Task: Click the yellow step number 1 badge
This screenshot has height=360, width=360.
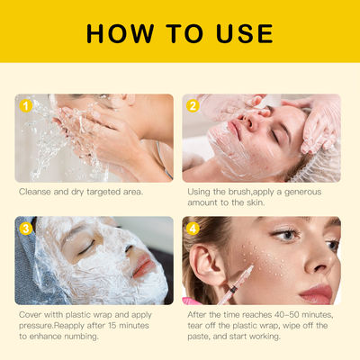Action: pos(25,105)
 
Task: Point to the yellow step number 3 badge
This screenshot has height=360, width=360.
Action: pos(25,228)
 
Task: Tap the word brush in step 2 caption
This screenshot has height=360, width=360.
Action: pos(238,192)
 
